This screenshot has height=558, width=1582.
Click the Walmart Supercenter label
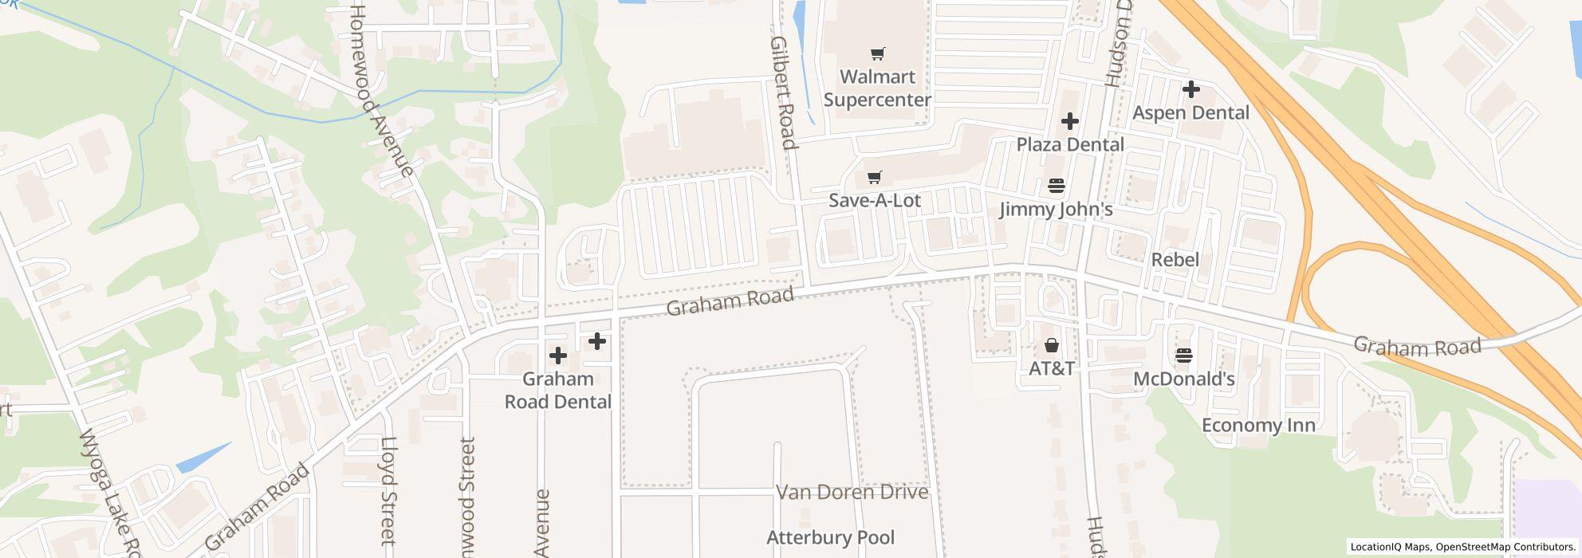pyautogui.click(x=877, y=88)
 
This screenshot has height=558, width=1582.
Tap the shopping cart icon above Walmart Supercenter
pyautogui.click(x=877, y=53)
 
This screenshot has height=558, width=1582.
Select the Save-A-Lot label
pyautogui.click(x=874, y=200)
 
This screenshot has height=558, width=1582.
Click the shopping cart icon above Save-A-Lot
pyautogui.click(x=875, y=176)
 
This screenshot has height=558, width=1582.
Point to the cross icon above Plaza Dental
pyautogui.click(x=1070, y=121)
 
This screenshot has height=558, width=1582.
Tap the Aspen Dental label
pyautogui.click(x=1190, y=112)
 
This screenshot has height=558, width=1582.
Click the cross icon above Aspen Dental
pyautogui.click(x=1190, y=88)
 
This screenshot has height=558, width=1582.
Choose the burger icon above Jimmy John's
pyautogui.click(x=1057, y=186)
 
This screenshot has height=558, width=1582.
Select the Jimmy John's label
pyautogui.click(x=1056, y=210)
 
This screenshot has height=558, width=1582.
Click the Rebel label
pyautogui.click(x=1175, y=260)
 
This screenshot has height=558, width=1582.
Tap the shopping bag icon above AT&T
pyautogui.click(x=1052, y=345)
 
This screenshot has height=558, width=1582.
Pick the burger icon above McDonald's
pyautogui.click(x=1183, y=356)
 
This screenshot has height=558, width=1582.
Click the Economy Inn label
pyautogui.click(x=1258, y=425)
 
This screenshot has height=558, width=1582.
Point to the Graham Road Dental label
pyautogui.click(x=557, y=390)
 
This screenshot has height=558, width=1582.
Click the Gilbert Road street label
pyautogui.click(x=783, y=92)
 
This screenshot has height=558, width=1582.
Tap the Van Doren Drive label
pyautogui.click(x=852, y=492)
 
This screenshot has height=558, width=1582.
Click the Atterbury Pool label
pyautogui.click(x=830, y=537)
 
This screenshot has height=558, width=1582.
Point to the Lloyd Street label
pyautogui.click(x=388, y=490)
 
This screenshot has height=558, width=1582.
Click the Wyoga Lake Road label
pyautogui.click(x=111, y=494)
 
